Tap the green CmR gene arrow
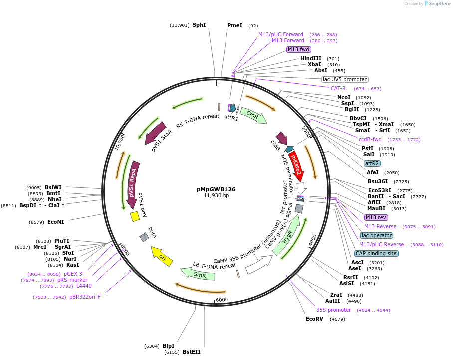click(x=253, y=116)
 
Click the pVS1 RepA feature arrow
click(x=133, y=184)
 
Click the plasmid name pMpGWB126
click(x=216, y=189)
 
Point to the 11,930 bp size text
click(x=216, y=196)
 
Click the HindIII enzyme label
click(x=311, y=58)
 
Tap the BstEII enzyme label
click(x=191, y=352)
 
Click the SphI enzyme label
click(x=199, y=25)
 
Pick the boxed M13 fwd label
click(x=298, y=49)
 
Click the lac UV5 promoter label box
click(x=345, y=79)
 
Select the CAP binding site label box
click(x=376, y=253)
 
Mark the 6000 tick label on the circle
click(x=222, y=300)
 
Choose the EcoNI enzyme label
click(x=56, y=222)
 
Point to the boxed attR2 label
click(x=372, y=163)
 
